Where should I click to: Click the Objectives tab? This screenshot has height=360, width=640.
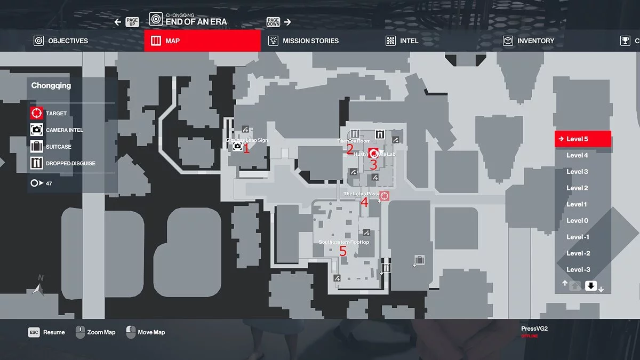point(61,41)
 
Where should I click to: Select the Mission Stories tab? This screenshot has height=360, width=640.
point(303,41)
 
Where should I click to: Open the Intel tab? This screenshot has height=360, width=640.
point(403,41)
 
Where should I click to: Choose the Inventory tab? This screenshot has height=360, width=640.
point(529,41)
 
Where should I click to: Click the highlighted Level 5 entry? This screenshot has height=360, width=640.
point(582,139)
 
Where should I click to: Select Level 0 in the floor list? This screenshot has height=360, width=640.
point(577,221)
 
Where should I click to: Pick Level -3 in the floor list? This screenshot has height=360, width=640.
point(578,270)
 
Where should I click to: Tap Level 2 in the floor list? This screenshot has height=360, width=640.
point(577,188)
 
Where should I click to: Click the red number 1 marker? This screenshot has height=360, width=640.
point(246,149)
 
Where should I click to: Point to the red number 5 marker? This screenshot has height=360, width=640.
point(343,251)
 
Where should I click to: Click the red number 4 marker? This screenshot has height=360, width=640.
point(364,203)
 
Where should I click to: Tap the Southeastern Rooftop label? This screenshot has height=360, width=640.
point(343,242)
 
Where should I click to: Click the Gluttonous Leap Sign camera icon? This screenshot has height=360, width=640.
point(237,146)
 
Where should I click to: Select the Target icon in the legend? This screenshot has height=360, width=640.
point(36,113)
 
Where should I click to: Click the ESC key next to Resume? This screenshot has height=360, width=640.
point(34,332)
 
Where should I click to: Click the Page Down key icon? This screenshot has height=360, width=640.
point(273,22)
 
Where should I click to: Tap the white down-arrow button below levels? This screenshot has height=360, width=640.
point(590,285)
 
